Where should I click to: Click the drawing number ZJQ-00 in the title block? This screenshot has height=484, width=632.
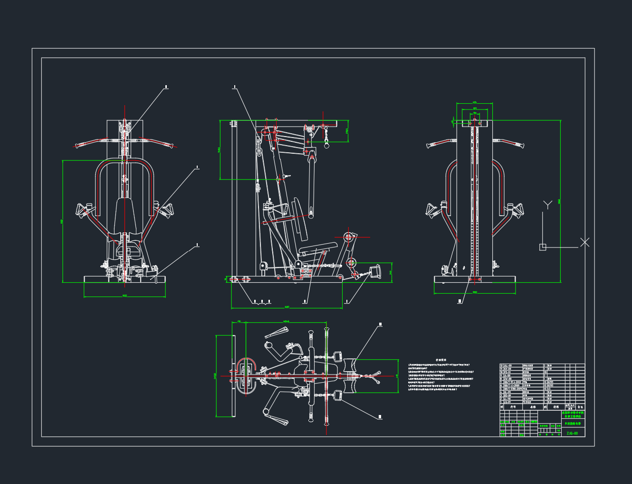(x=572, y=434)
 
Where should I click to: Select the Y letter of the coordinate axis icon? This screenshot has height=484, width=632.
(x=547, y=205)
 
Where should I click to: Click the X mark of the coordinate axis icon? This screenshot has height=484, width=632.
(x=585, y=242)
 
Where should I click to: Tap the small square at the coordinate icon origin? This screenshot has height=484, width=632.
(x=543, y=247)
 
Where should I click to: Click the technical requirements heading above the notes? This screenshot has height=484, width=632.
(x=441, y=360)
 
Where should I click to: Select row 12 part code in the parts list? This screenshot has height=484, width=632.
(x=508, y=365)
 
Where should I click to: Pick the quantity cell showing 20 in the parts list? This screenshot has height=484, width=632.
(x=545, y=372)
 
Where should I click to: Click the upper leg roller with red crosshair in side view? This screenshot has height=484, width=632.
(x=349, y=237)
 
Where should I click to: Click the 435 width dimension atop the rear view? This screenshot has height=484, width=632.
(x=474, y=102)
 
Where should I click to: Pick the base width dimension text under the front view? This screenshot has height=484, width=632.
(x=124, y=296)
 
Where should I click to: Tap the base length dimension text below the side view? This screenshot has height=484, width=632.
(x=287, y=307)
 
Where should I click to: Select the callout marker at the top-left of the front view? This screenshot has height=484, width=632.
(x=166, y=87)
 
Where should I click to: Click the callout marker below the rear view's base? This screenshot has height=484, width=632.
(x=460, y=301)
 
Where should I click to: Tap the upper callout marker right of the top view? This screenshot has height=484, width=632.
(x=380, y=325)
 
